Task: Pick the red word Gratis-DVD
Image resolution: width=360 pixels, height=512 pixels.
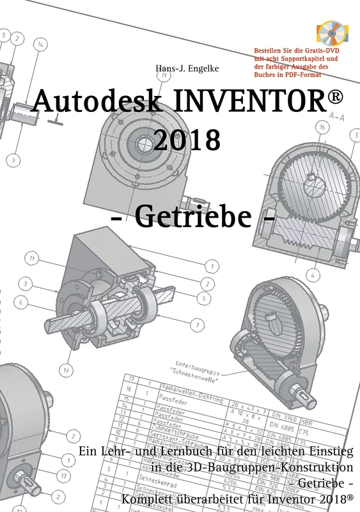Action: click(x=309, y=50)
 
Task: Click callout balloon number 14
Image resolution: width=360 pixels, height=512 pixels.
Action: click(x=40, y=45)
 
